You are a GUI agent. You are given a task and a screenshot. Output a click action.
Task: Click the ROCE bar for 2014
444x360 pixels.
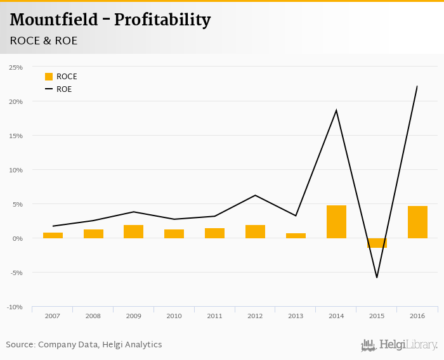336,222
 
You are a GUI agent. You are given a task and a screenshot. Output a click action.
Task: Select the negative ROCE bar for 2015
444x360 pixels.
377,243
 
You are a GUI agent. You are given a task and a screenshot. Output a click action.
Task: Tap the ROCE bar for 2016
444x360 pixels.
417,222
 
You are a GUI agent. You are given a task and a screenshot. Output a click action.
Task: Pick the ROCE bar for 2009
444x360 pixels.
133,231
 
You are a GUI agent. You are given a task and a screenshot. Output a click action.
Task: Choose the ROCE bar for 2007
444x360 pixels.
53,235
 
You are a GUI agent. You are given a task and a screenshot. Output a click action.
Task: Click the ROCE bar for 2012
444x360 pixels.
255,231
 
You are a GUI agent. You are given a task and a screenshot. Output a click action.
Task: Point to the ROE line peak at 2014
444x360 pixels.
336,110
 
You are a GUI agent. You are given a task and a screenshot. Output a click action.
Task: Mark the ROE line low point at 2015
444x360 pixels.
377,277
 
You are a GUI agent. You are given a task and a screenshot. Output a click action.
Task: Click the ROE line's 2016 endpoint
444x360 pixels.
417,86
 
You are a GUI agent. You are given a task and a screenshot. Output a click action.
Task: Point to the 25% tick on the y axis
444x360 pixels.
16,67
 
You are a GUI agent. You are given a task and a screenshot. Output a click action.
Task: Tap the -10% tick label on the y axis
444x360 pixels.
15,307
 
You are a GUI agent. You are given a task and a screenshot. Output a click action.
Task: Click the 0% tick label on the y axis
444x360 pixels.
18,238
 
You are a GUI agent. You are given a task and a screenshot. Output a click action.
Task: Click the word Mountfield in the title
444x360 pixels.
54,20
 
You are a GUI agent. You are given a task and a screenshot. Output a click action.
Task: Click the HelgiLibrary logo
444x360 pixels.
399,345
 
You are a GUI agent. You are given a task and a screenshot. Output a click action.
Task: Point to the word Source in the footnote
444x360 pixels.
20,345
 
